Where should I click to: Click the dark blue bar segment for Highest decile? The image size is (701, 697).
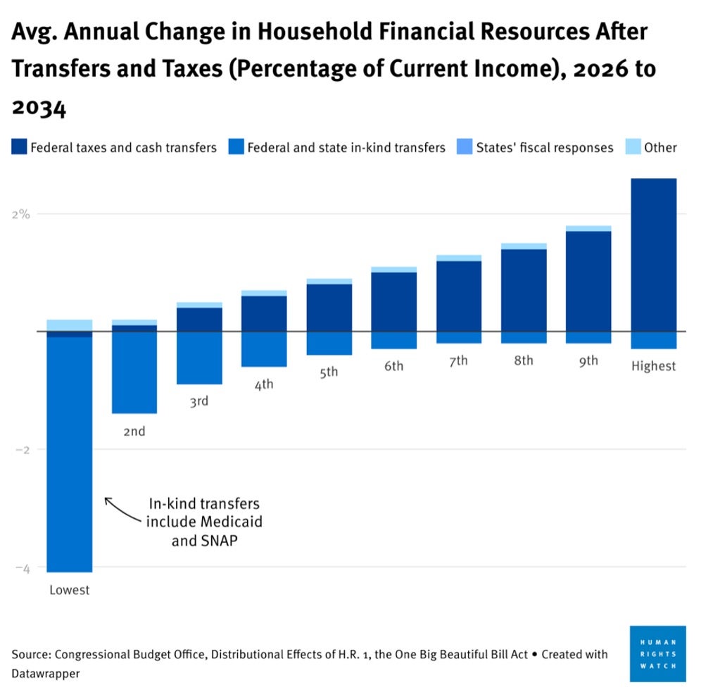click(653, 254)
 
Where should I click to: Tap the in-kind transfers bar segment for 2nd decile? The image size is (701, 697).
click(134, 372)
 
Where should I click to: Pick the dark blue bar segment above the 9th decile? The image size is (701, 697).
click(588, 281)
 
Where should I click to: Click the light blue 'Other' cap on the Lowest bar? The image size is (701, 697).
click(69, 325)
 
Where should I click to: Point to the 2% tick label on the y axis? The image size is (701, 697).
click(20, 214)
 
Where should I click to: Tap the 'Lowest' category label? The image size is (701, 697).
click(69, 590)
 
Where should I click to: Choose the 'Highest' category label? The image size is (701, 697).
click(653, 366)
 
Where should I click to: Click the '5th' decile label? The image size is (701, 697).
click(329, 372)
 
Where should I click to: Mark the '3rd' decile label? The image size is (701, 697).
click(199, 401)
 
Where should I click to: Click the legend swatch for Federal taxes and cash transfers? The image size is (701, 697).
click(18, 148)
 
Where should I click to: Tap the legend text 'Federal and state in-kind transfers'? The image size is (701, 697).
click(346, 148)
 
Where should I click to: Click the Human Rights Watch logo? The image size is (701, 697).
click(657, 653)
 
